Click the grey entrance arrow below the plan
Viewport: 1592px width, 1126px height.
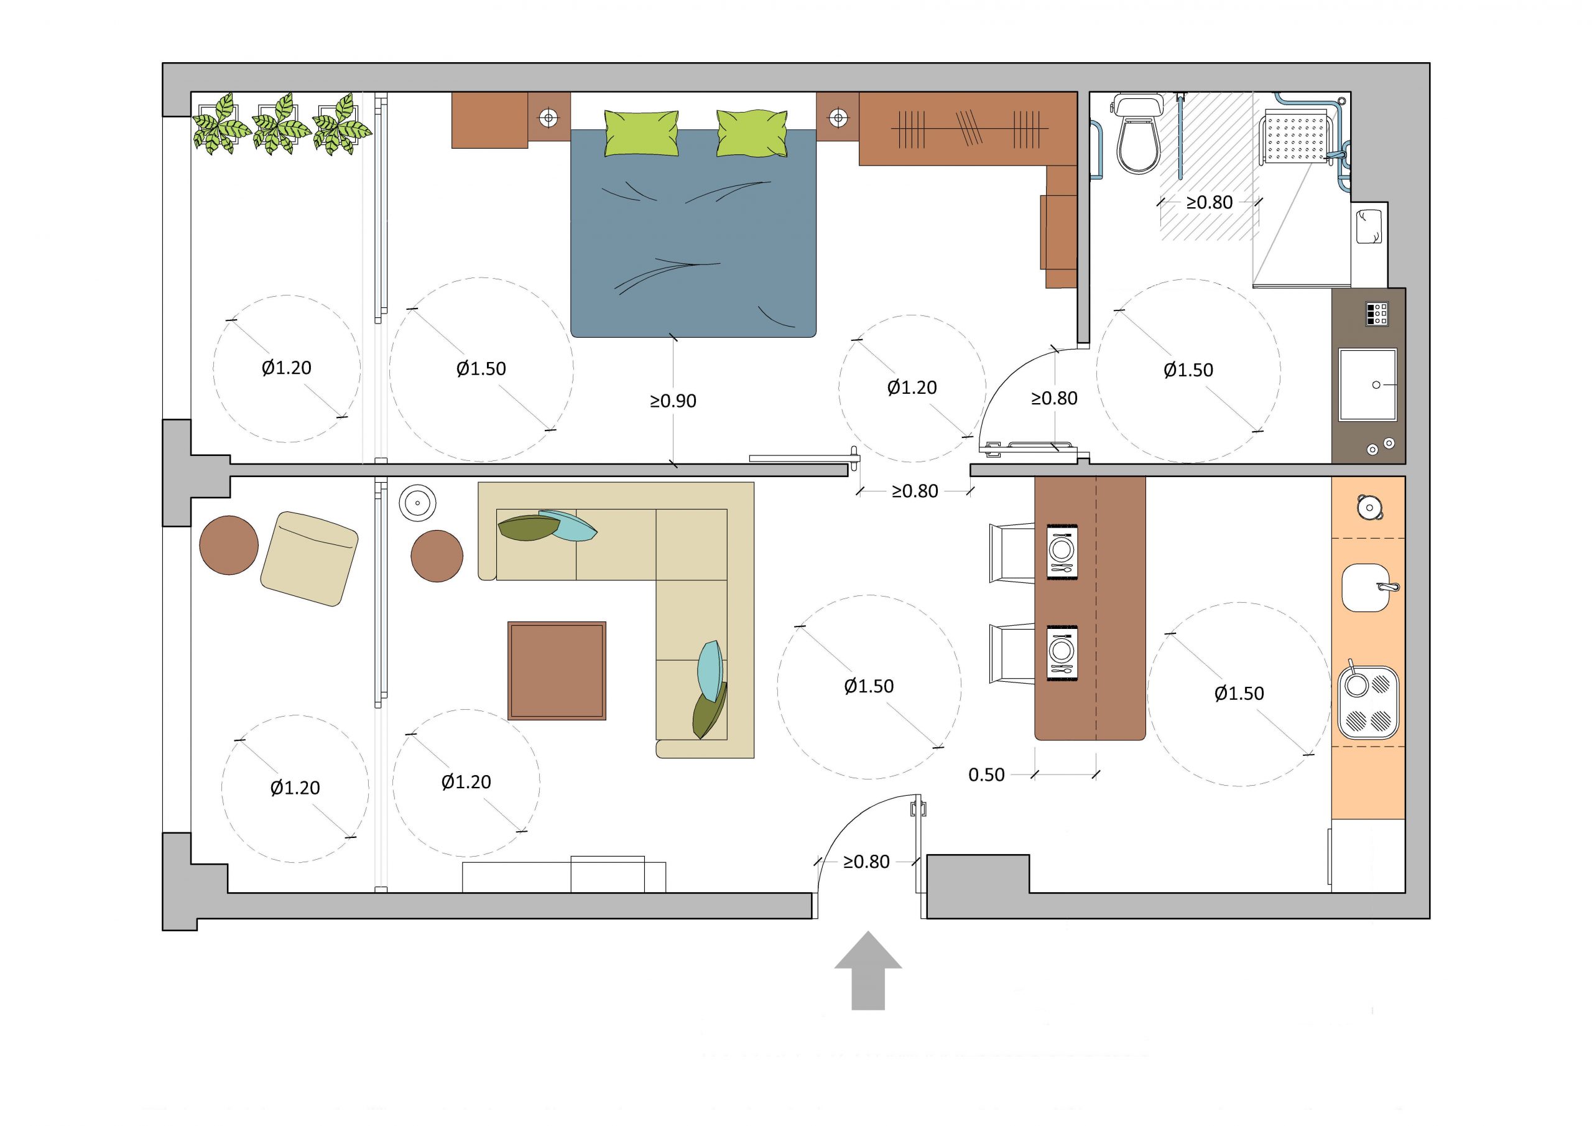click(868, 971)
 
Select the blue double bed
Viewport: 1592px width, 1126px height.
click(693, 233)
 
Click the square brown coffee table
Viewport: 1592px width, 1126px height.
click(557, 671)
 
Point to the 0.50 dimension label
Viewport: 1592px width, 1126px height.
click(986, 775)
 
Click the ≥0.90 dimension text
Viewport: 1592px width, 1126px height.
click(673, 401)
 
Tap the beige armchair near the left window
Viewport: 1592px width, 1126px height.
click(309, 559)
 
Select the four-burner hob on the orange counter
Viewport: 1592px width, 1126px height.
click(1368, 703)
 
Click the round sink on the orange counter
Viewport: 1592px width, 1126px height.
click(1367, 588)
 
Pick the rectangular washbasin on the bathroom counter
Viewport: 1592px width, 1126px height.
click(1368, 385)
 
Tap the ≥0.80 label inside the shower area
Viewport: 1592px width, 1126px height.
click(1210, 203)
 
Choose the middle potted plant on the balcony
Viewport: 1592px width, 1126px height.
click(281, 124)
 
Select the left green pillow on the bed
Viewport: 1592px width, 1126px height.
click(641, 133)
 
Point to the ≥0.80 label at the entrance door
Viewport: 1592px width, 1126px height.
click(866, 862)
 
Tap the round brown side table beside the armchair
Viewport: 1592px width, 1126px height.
click(229, 546)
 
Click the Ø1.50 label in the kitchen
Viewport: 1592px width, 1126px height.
click(1239, 693)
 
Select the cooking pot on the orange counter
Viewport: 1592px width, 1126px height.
click(1369, 508)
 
